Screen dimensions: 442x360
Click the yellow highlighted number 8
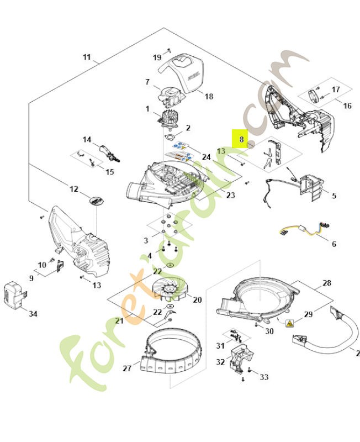point(240,139)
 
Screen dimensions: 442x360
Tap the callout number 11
point(87,57)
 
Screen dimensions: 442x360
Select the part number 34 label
point(33,314)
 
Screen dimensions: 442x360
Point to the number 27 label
point(128,369)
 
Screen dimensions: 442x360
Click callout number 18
point(208,96)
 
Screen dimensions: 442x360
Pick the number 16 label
point(347,106)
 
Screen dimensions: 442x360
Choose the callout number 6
point(333,244)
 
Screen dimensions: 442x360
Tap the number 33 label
point(264,377)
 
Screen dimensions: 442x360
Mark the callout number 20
point(197,300)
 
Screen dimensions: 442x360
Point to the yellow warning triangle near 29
point(289,324)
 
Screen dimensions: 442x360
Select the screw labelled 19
point(170,50)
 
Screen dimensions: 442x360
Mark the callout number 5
point(334,196)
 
